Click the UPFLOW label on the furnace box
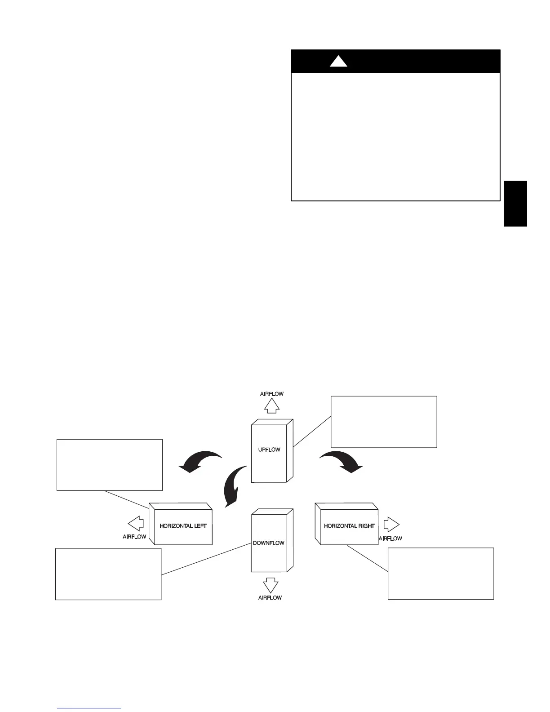(x=269, y=449)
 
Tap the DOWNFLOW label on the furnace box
(x=268, y=543)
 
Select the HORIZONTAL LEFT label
(x=183, y=526)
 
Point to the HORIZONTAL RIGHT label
(x=349, y=526)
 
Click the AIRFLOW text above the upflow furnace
(x=272, y=394)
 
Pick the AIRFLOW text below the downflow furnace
(x=270, y=598)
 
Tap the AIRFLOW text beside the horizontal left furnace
(x=134, y=537)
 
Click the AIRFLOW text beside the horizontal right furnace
(x=390, y=538)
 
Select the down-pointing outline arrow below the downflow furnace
(x=270, y=585)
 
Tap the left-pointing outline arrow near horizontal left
(x=135, y=524)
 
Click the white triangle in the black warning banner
(x=338, y=62)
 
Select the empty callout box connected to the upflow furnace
(x=384, y=422)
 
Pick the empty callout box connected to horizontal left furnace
(x=109, y=465)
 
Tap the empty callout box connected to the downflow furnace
(x=108, y=574)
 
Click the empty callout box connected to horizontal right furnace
(x=440, y=573)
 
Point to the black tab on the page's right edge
(x=515, y=204)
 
